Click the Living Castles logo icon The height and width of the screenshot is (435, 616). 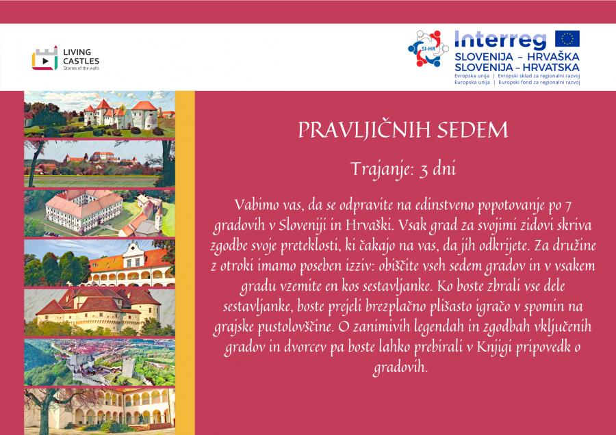44,58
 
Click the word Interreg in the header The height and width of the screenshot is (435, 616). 500,40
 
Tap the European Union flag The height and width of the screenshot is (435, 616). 567,39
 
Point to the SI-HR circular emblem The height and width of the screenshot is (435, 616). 428,49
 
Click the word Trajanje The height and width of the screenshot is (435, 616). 381,170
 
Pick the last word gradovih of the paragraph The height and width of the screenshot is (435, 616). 400,367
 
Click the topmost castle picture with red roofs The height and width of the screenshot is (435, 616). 99,114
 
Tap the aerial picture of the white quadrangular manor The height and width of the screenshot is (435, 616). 99,213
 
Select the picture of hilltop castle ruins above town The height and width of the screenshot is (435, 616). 99,362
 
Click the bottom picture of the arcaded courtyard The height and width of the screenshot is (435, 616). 99,411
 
